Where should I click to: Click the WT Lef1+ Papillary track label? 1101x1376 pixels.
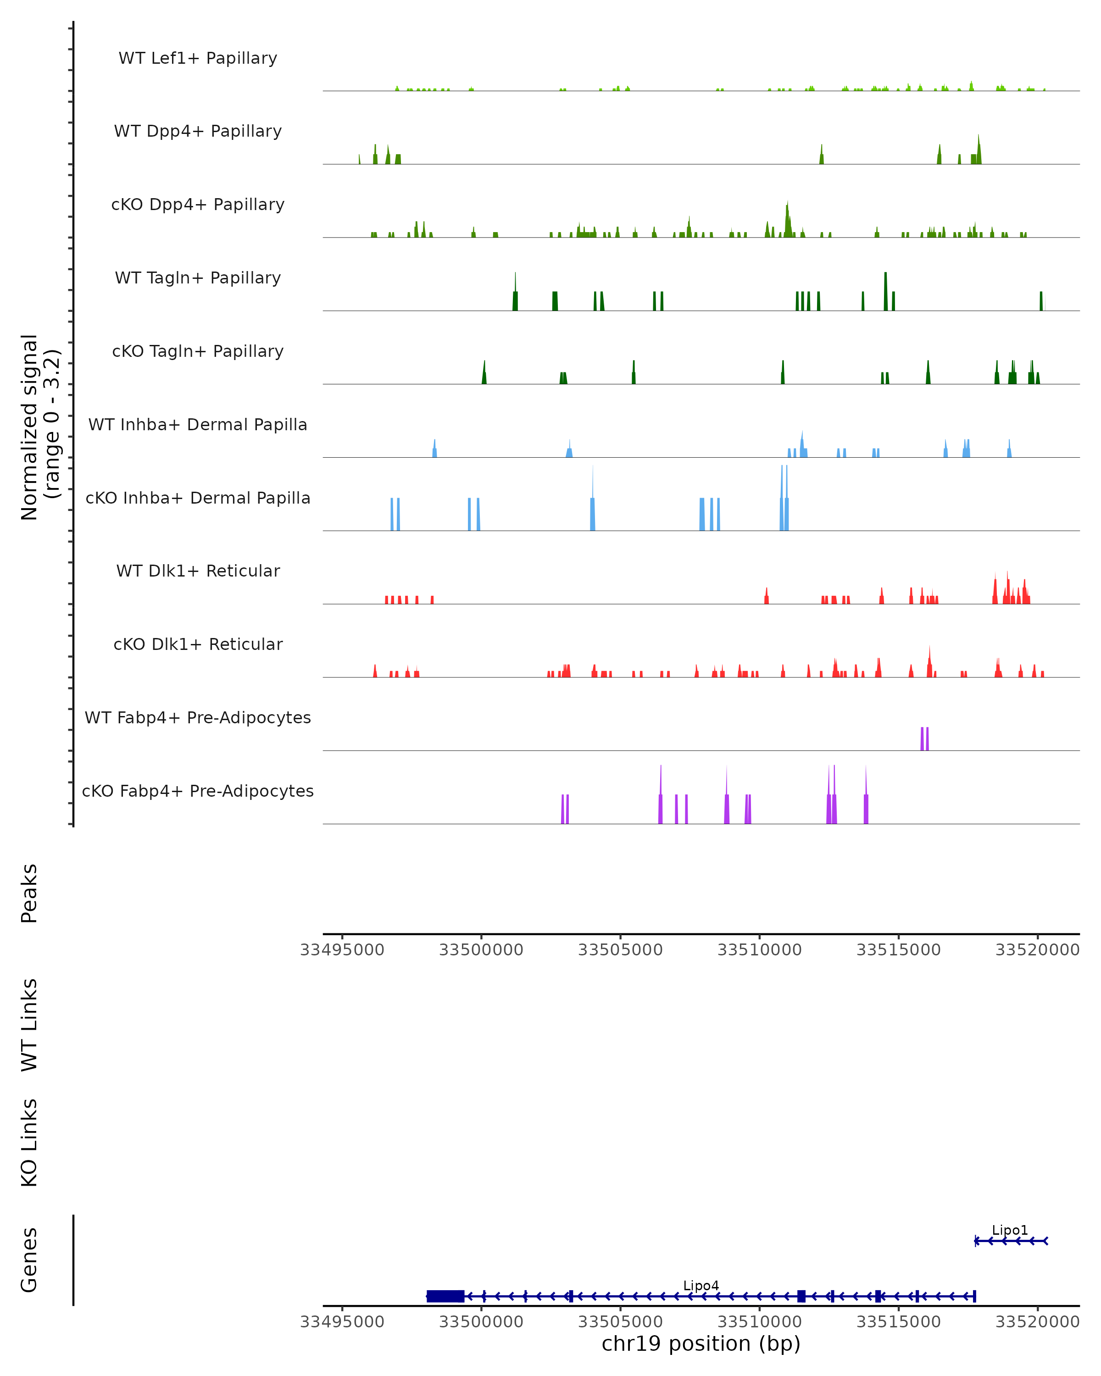[198, 58]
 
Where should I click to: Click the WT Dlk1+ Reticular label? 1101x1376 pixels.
[198, 571]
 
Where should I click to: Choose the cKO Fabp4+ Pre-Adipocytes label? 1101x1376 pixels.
[198, 791]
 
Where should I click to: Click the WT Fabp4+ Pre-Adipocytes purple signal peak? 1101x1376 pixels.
[924, 739]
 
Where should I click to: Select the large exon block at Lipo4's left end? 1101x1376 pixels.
[445, 1296]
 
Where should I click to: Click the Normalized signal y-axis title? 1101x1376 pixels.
[39, 427]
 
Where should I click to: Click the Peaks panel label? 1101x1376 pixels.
[29, 893]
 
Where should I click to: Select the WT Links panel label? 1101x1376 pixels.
[29, 1024]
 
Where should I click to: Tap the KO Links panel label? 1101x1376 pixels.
[29, 1143]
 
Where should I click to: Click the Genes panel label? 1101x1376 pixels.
[29, 1260]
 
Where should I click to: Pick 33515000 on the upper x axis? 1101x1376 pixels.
[898, 950]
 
